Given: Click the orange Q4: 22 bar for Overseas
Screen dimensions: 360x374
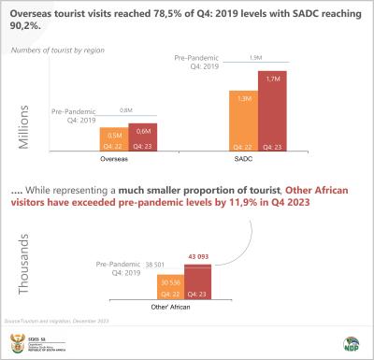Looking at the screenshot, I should (113, 138).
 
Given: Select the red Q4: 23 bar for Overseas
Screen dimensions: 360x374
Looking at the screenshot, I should (142, 137).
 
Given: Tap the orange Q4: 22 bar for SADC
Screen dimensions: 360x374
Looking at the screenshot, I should (243, 121).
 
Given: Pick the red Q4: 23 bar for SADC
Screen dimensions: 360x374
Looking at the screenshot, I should (272, 113).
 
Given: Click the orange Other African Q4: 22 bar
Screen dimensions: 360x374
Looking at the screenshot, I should (171, 286).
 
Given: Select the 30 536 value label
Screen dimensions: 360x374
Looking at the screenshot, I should (171, 281).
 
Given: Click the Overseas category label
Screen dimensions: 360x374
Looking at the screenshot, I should (127, 160).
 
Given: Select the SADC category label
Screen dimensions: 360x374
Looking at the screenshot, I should (257, 160).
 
